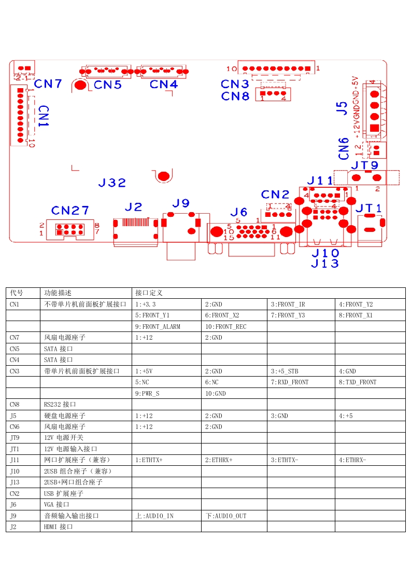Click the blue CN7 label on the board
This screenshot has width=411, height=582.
[x=48, y=84]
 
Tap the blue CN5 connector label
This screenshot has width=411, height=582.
[x=108, y=85]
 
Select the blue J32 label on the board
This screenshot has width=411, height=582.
[x=112, y=183]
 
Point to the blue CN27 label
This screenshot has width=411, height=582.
[x=70, y=211]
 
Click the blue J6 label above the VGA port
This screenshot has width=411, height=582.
[x=238, y=212]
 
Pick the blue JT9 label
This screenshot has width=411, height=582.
[x=365, y=165]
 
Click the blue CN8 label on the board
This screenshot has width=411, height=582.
[x=235, y=96]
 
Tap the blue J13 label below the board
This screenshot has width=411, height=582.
[x=325, y=263]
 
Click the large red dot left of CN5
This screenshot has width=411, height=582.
[x=80, y=86]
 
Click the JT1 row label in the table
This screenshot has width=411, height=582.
[x=15, y=449]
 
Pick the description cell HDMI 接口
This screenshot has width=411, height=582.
[x=58, y=526]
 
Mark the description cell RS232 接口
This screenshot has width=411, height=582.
[x=60, y=404]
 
